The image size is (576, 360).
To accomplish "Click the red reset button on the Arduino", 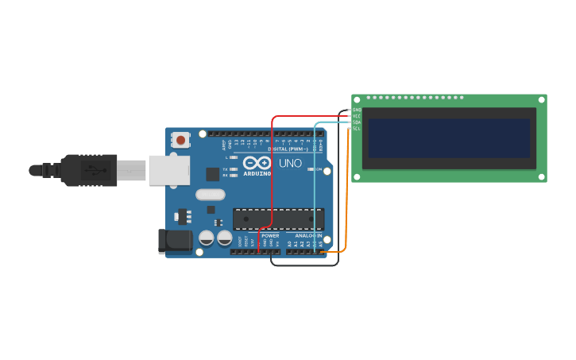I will (x=180, y=141).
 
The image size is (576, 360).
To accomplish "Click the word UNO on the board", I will (x=290, y=164).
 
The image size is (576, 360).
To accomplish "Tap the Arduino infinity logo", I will (x=257, y=163).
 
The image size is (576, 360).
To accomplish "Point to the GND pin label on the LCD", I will (x=357, y=110).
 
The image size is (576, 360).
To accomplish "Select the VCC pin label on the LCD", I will (x=357, y=116).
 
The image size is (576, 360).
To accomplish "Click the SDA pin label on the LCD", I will (x=357, y=122).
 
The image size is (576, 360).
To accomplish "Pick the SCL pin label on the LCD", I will (x=357, y=128).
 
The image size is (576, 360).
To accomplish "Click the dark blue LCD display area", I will (x=449, y=138).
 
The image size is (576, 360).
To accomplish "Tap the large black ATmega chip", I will (x=278, y=219).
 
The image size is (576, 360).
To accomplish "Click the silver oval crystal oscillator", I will (x=211, y=194).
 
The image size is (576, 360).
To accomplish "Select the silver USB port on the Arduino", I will (x=169, y=170).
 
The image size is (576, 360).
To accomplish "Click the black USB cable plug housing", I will (x=89, y=170).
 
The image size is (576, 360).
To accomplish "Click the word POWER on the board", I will (x=270, y=235).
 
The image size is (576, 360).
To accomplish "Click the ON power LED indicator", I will (x=313, y=169).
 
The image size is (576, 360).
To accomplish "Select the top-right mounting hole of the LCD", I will (x=541, y=100).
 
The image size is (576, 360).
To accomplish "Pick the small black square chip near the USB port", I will (x=212, y=174).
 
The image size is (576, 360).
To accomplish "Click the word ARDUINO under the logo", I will (x=257, y=173).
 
